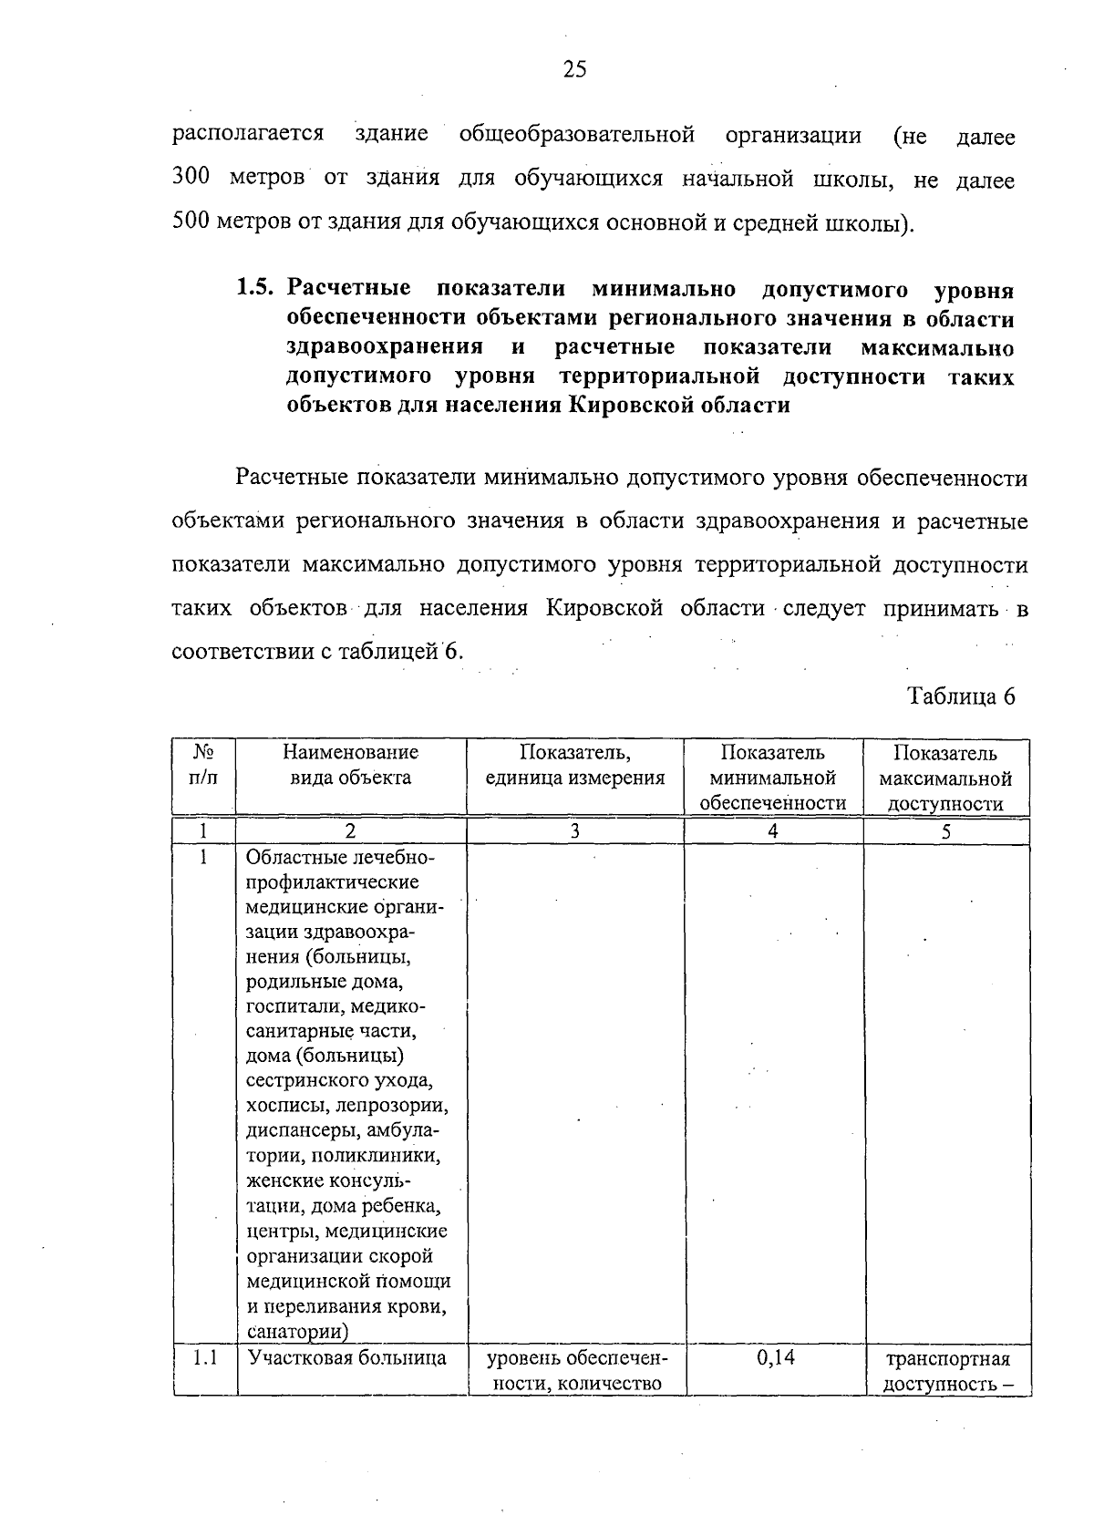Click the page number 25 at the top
pyautogui.click(x=574, y=70)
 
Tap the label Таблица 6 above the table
pyautogui.click(x=960, y=696)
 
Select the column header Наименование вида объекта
pyautogui.click(x=350, y=765)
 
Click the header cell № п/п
pyautogui.click(x=203, y=765)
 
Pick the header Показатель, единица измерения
pyautogui.click(x=574, y=765)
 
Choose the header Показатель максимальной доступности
pyautogui.click(x=945, y=778)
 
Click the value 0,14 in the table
pyautogui.click(x=775, y=1357)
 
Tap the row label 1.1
pyautogui.click(x=205, y=1357)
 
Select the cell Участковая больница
pyautogui.click(x=346, y=1358)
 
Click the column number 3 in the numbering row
pyautogui.click(x=574, y=830)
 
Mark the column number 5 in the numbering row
pyautogui.click(x=945, y=830)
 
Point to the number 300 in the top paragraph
pyautogui.click(x=191, y=179)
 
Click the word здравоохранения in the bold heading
pyautogui.click(x=384, y=347)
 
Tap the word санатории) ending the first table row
pyautogui.click(x=297, y=1331)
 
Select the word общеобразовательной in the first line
pyautogui.click(x=576, y=135)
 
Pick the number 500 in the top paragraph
pyautogui.click(x=191, y=222)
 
